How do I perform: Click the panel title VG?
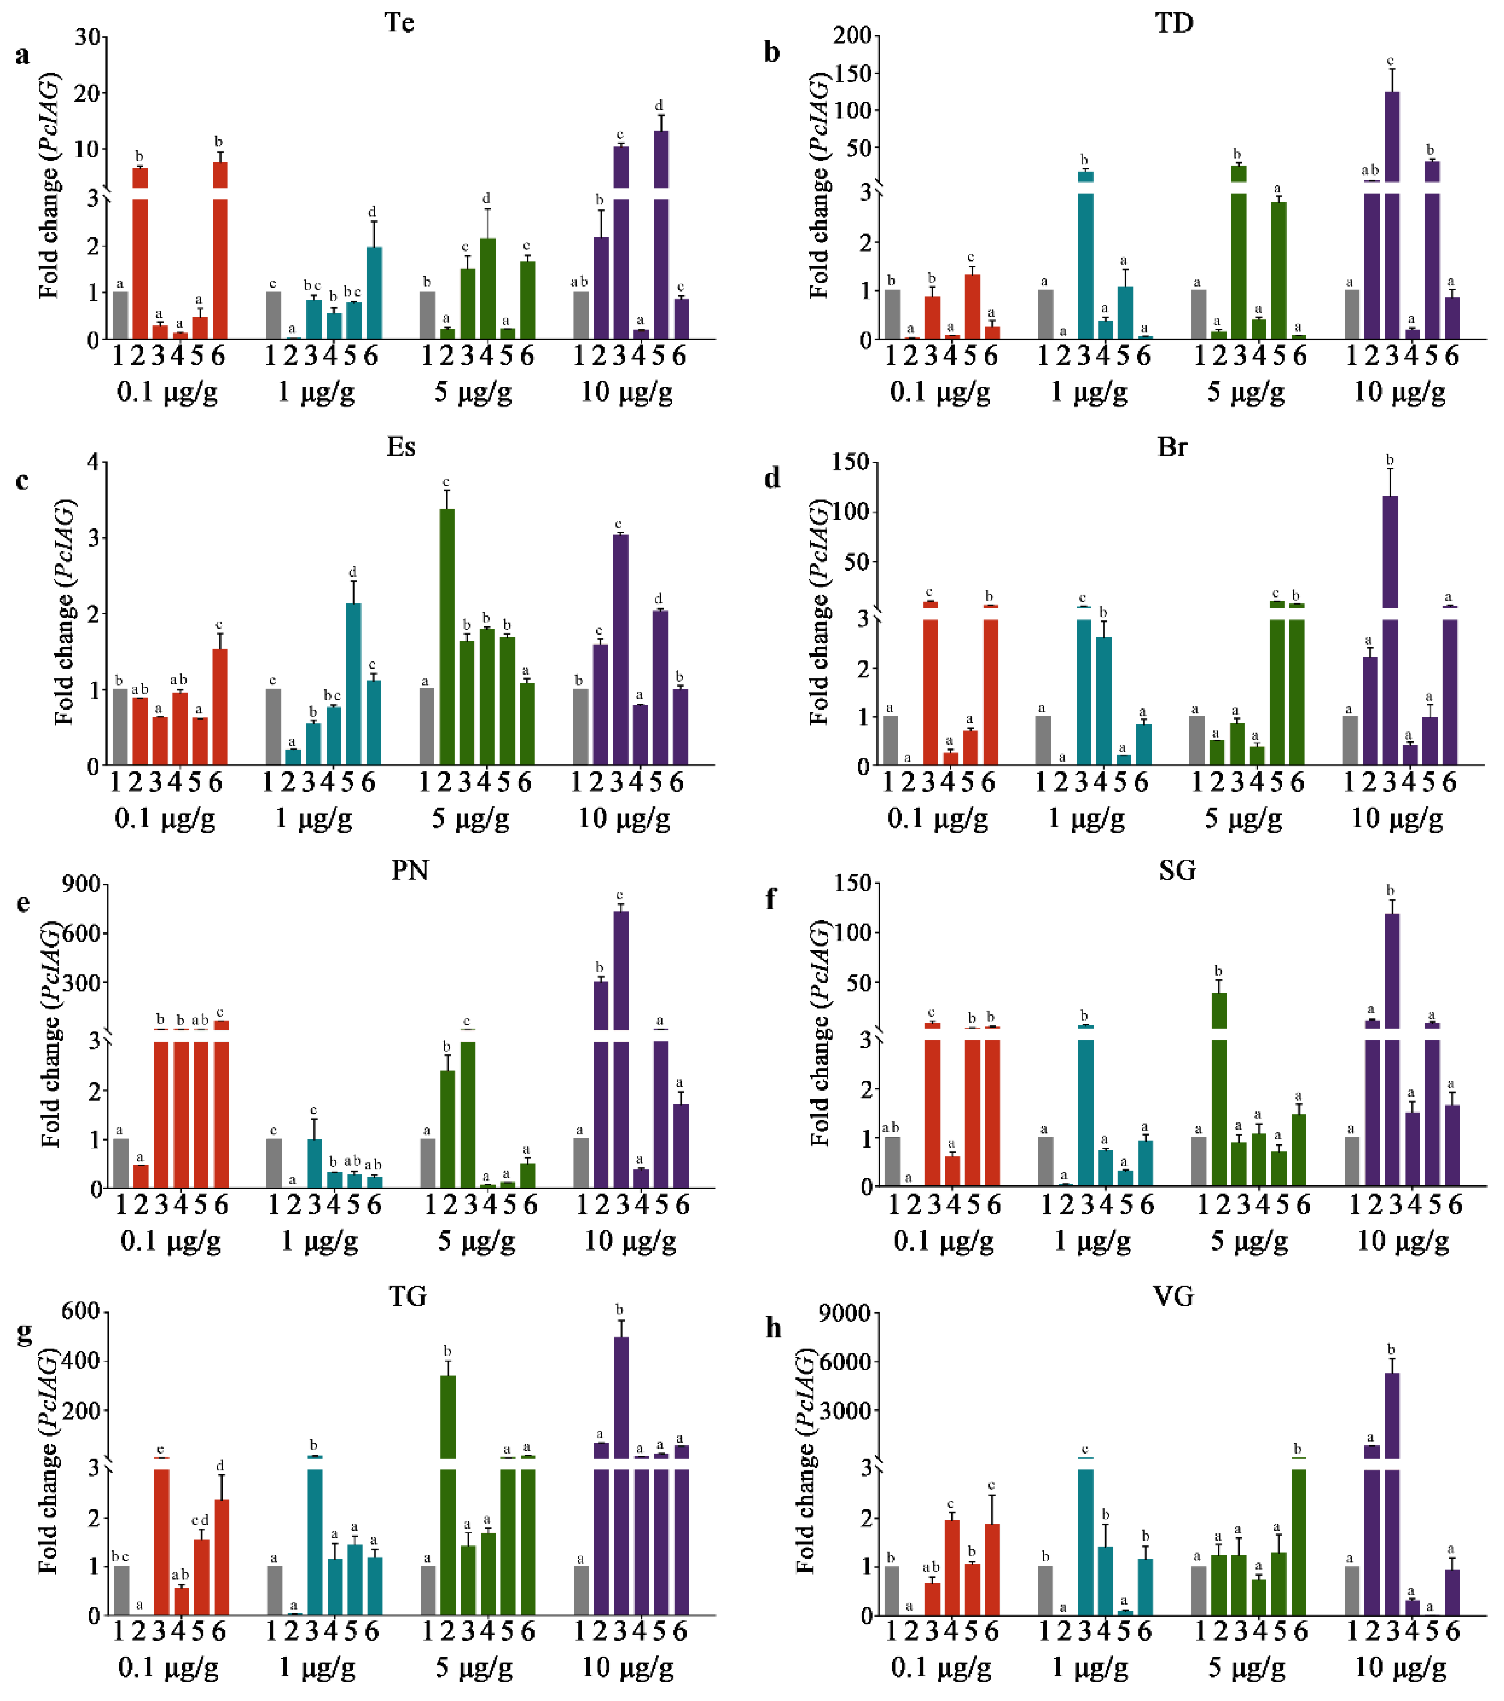click(x=1174, y=1296)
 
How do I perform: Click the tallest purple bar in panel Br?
click(x=1389, y=549)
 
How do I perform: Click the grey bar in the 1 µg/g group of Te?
click(x=273, y=315)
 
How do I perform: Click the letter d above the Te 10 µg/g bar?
click(x=659, y=105)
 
